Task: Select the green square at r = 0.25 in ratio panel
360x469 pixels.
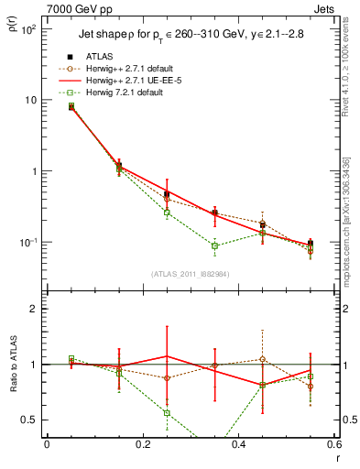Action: [x=167, y=413]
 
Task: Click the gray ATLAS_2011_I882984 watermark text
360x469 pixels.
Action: [x=191, y=274]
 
